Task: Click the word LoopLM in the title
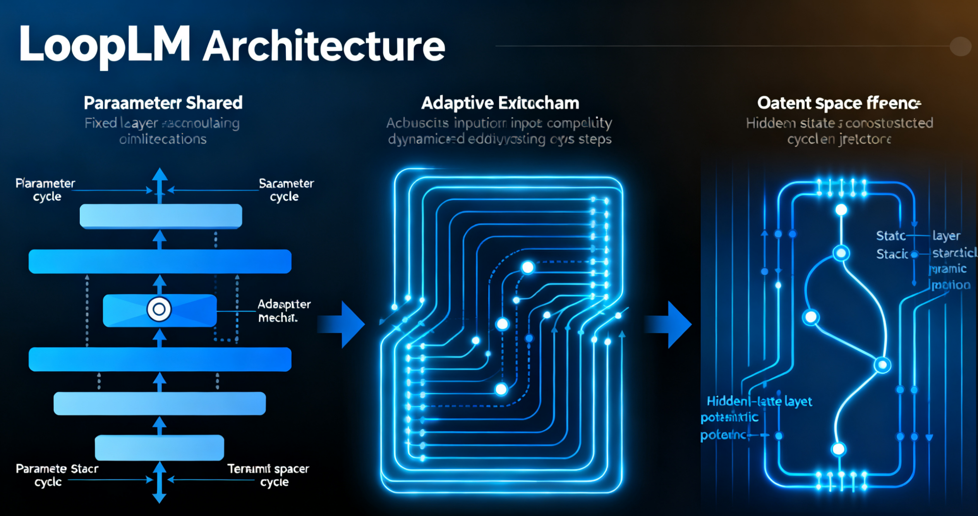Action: coord(105,45)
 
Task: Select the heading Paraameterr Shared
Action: coord(163,103)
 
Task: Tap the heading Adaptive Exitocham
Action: coord(500,103)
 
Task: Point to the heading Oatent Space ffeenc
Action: coord(839,103)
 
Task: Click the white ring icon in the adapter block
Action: coord(159,310)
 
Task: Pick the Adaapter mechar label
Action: coord(284,311)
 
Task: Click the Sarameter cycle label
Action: coord(286,189)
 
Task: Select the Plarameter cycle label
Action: coord(45,189)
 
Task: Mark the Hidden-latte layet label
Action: coord(759,401)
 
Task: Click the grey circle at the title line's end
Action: coord(960,46)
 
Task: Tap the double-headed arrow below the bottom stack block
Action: coord(159,483)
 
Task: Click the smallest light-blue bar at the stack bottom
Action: coord(159,447)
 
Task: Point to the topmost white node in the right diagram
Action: coord(841,210)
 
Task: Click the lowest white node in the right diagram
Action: coord(838,449)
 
